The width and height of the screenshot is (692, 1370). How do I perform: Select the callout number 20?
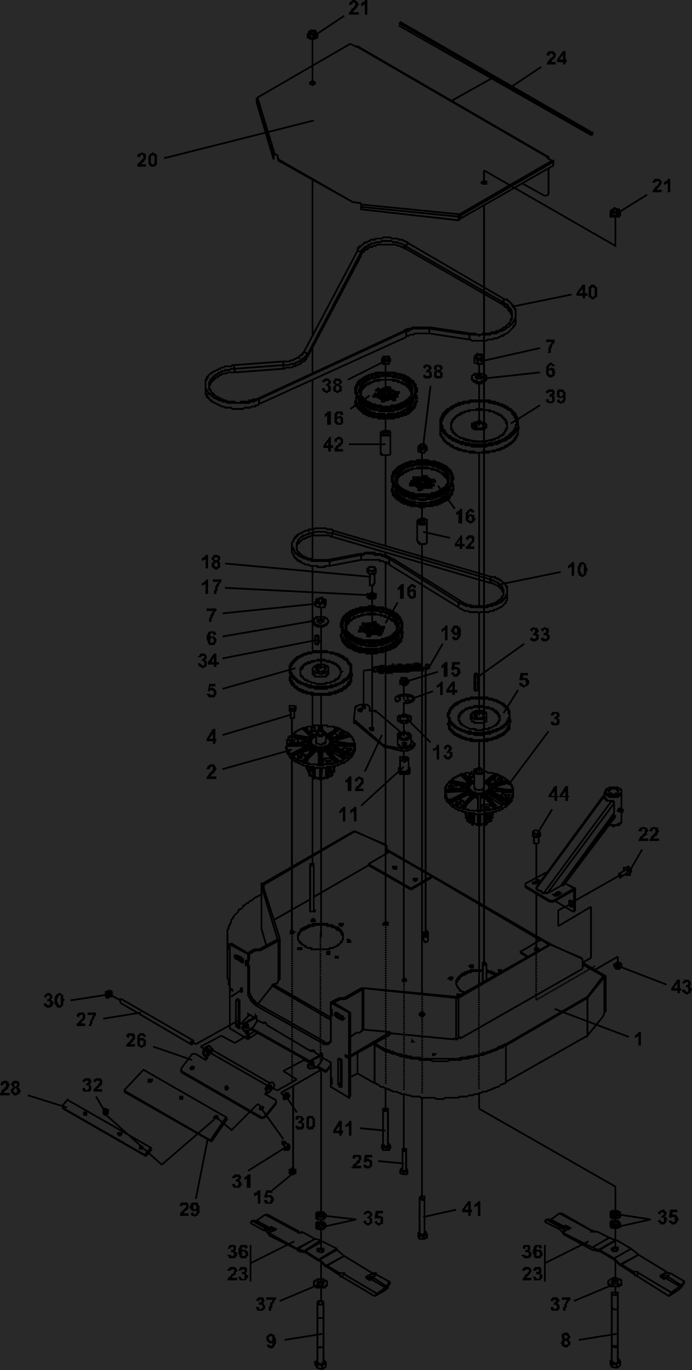[147, 160]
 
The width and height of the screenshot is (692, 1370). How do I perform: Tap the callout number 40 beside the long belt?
[587, 292]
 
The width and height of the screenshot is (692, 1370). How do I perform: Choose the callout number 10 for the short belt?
[577, 569]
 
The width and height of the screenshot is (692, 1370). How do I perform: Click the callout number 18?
[211, 562]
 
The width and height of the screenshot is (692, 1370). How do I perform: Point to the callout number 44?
[559, 794]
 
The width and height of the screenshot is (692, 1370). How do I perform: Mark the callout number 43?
[681, 987]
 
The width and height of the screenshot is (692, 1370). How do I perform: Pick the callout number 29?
[190, 1209]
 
